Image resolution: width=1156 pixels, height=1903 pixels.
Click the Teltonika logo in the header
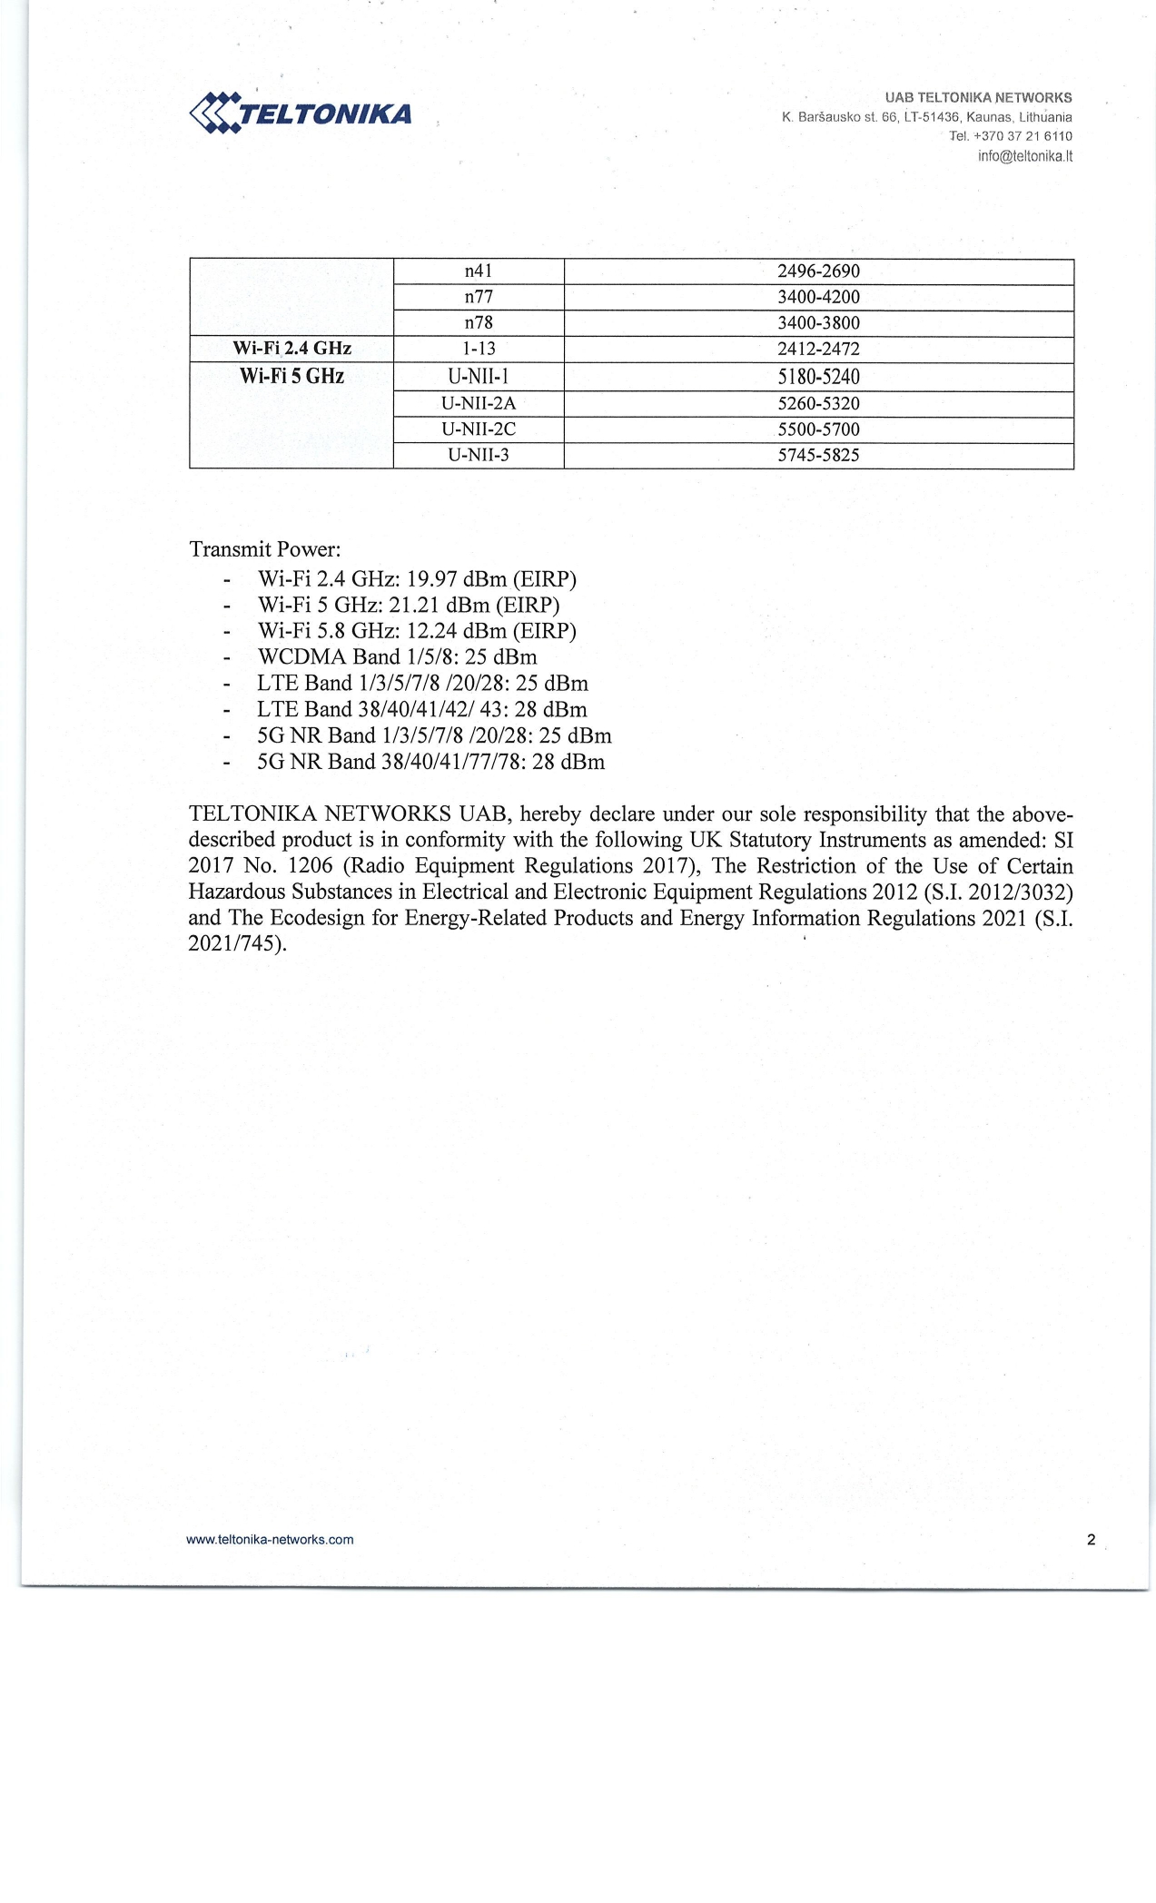tap(301, 113)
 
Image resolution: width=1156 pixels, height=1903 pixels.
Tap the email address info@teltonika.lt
tap(1024, 156)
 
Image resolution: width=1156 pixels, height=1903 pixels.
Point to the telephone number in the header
tap(1010, 136)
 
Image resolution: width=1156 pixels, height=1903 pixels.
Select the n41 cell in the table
tap(478, 271)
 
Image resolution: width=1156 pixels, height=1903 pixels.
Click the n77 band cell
tap(478, 297)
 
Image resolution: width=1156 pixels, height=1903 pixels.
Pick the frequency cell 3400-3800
tap(818, 323)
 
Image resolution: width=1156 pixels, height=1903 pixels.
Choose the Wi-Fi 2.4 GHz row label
tap(291, 349)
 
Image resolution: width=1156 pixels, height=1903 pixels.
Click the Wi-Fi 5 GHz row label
tap(291, 377)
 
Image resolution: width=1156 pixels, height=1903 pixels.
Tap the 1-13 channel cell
tap(478, 349)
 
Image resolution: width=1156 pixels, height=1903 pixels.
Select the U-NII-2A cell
tap(478, 403)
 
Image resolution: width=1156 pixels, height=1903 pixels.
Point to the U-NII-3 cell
tap(478, 455)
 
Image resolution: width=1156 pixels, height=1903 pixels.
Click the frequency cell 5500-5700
tap(818, 429)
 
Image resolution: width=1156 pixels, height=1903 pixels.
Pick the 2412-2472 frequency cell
tap(818, 349)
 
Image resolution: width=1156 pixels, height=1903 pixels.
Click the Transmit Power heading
tap(264, 549)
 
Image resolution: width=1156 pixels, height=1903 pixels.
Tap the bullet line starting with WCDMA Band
tap(397, 657)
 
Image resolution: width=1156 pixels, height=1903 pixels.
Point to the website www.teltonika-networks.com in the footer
tap(270, 1540)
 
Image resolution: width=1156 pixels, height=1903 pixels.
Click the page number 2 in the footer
tap(1091, 1540)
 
